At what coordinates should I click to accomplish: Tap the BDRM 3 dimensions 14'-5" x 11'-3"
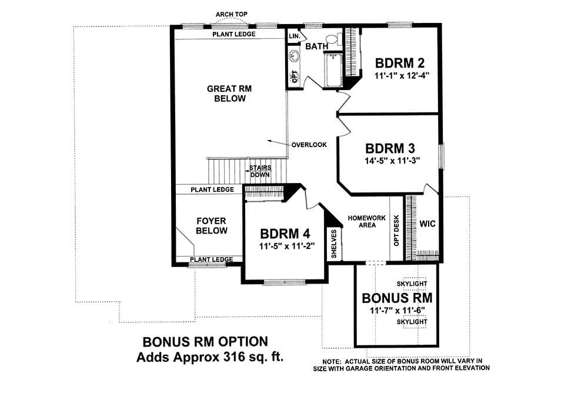click(392, 161)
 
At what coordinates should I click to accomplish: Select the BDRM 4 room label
click(285, 234)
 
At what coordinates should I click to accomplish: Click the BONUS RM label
click(397, 298)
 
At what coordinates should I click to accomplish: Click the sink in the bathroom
click(294, 56)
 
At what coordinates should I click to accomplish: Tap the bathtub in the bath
click(333, 70)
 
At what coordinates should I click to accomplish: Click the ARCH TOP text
click(231, 14)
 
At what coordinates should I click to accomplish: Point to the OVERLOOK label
click(309, 145)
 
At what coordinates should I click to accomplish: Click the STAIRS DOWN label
click(260, 171)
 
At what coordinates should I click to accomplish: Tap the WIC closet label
click(427, 224)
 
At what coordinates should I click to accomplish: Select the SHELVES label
click(334, 244)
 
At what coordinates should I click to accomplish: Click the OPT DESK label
click(396, 231)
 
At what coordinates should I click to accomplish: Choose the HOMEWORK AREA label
click(367, 221)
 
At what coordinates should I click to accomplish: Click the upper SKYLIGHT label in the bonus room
click(412, 284)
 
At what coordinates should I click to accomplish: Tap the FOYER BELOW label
click(212, 225)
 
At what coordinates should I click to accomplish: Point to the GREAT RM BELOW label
click(229, 94)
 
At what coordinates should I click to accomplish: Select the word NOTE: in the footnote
click(332, 361)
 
